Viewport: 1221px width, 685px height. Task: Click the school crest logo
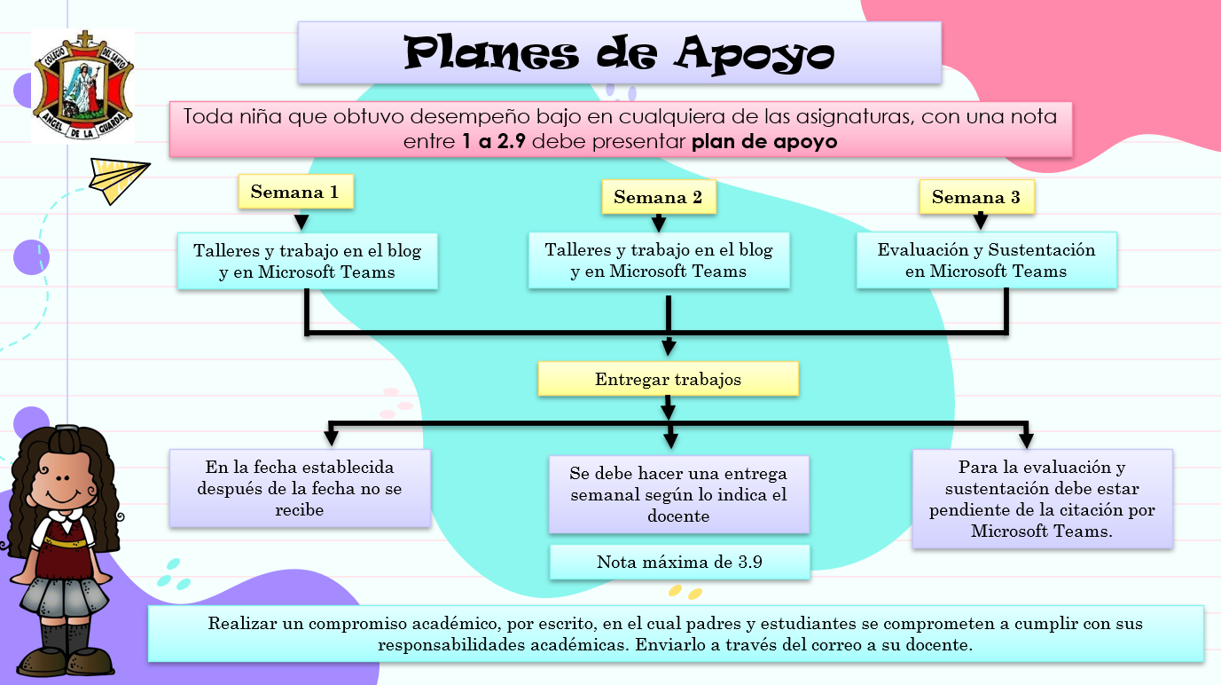click(x=83, y=85)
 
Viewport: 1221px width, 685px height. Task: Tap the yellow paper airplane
click(x=117, y=180)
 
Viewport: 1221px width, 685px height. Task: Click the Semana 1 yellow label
click(x=295, y=192)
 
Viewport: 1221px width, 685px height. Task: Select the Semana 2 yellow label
click(x=658, y=197)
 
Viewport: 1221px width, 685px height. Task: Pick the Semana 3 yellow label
click(x=975, y=197)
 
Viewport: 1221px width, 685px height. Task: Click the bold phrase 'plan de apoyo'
click(x=764, y=142)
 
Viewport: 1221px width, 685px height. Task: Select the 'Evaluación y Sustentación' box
click(x=986, y=261)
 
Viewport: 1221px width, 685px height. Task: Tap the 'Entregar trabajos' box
click(x=668, y=379)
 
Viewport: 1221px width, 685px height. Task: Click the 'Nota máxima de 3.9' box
click(x=679, y=562)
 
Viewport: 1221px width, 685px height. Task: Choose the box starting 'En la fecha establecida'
click(x=300, y=488)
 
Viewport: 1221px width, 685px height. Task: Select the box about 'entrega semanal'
click(x=678, y=494)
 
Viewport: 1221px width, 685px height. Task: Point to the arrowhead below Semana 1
click(x=301, y=222)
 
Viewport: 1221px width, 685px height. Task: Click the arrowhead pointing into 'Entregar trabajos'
click(x=669, y=347)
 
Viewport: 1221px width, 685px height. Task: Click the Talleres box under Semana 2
click(x=658, y=261)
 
